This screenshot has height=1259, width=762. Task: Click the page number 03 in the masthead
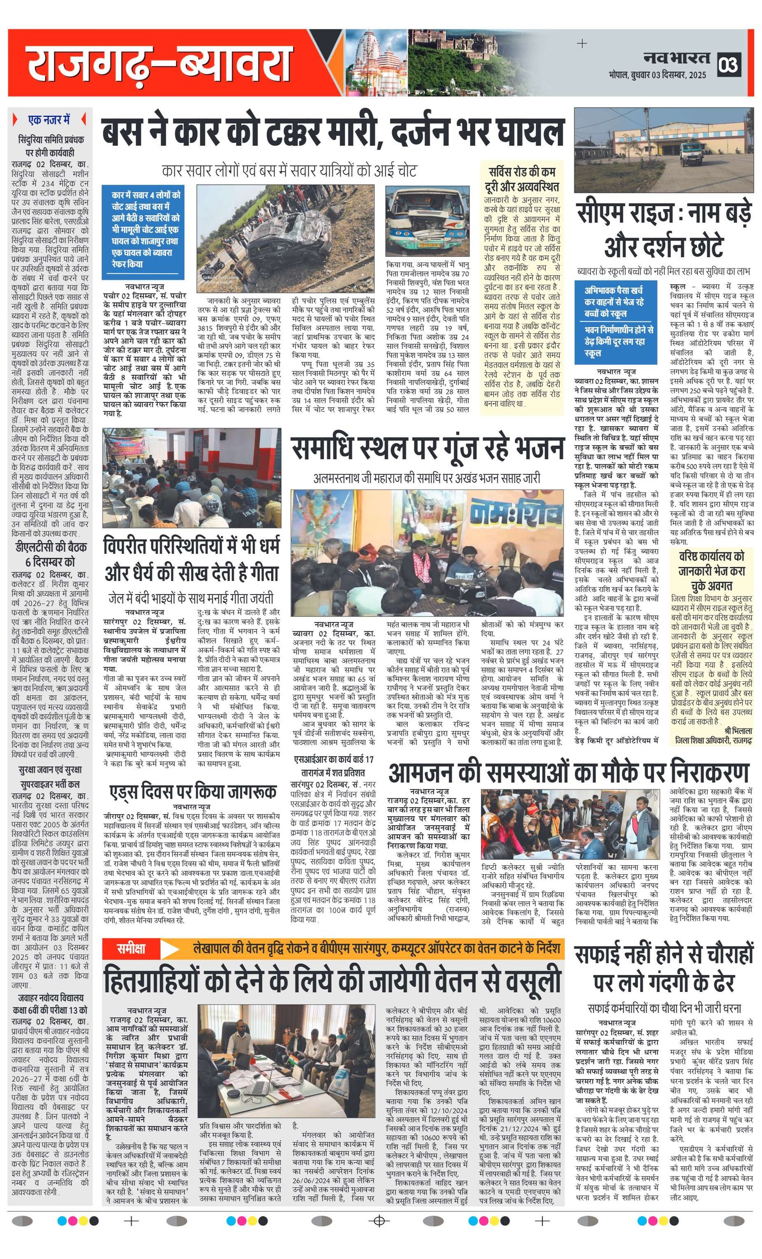728,65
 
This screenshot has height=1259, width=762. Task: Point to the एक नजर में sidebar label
50,120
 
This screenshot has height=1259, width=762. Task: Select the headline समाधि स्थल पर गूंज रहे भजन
427,449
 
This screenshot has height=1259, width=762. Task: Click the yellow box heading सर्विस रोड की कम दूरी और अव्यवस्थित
522,180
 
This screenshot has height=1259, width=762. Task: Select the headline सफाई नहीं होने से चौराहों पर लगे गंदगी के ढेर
664,968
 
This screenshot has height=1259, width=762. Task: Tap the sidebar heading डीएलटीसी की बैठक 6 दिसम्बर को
50,554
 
